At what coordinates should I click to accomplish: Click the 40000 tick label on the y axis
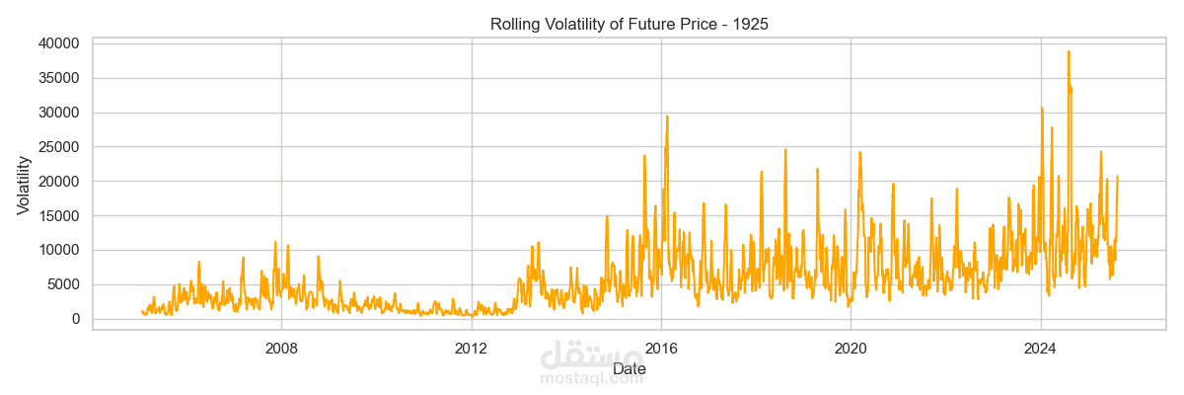[x=59, y=43]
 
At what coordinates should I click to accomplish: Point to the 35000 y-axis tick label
[x=59, y=78]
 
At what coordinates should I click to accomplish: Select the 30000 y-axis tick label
[x=59, y=113]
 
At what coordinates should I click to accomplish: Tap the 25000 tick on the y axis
[x=59, y=147]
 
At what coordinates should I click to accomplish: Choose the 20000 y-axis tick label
[x=59, y=182]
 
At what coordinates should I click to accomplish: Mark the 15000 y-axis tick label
[x=59, y=215]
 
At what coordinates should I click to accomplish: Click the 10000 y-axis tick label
[x=59, y=250]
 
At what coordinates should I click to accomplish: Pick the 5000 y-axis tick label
[x=63, y=284]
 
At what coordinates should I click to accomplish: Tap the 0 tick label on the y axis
[x=75, y=319]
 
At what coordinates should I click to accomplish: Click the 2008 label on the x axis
[x=281, y=348]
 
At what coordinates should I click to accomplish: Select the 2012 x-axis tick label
[x=472, y=348]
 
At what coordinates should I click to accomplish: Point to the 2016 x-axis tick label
[x=661, y=348]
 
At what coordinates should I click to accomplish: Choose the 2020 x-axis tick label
[x=851, y=348]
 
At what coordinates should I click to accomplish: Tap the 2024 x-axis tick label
[x=1041, y=348]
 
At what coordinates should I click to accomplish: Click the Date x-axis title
[x=629, y=369]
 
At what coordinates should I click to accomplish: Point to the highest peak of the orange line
[x=1069, y=52]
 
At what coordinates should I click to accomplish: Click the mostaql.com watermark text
[x=592, y=377]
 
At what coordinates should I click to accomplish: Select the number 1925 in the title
[x=750, y=24]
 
